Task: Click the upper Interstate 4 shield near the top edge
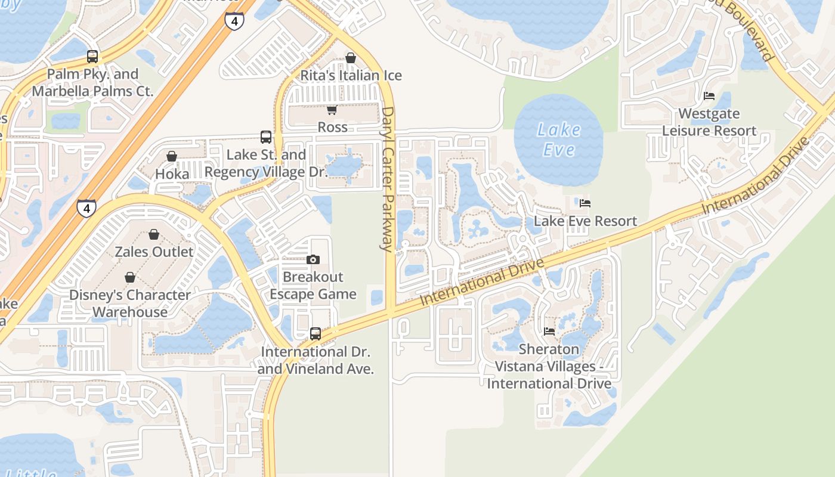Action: click(x=234, y=21)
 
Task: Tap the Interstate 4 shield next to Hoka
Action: click(x=87, y=208)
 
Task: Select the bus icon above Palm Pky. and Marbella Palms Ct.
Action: click(x=92, y=57)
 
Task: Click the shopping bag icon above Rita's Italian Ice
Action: click(x=351, y=58)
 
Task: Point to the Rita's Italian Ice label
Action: click(x=351, y=76)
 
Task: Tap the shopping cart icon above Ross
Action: click(x=332, y=110)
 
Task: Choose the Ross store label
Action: click(x=332, y=127)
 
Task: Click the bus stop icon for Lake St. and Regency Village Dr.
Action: click(x=266, y=137)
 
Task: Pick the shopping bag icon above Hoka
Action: click(x=172, y=156)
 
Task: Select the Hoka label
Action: click(x=172, y=174)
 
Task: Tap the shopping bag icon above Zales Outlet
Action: click(x=154, y=234)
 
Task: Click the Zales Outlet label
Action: click(x=154, y=252)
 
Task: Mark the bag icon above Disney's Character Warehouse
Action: click(x=130, y=277)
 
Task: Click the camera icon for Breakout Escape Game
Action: click(x=313, y=259)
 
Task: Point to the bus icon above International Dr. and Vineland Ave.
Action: click(x=316, y=334)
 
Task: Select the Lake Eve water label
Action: click(x=559, y=139)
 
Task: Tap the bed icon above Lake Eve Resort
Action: click(x=585, y=203)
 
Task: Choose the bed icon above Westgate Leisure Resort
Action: click(x=709, y=95)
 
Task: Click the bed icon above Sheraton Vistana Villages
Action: click(x=549, y=332)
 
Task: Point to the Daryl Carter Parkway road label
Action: click(x=388, y=179)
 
